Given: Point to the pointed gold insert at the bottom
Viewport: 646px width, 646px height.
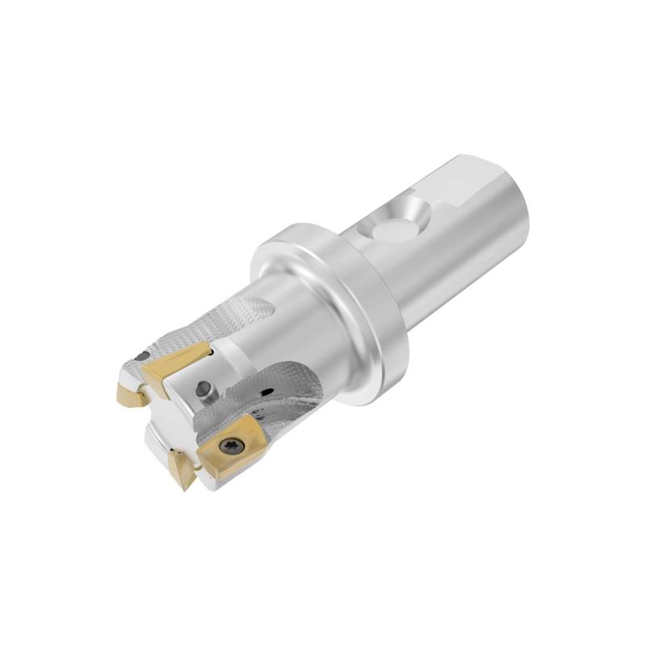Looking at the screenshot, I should click(x=181, y=469).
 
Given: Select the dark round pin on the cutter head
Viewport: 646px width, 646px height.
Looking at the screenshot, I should click(x=205, y=390).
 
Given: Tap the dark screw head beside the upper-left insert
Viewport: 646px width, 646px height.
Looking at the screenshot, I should click(x=143, y=356).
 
